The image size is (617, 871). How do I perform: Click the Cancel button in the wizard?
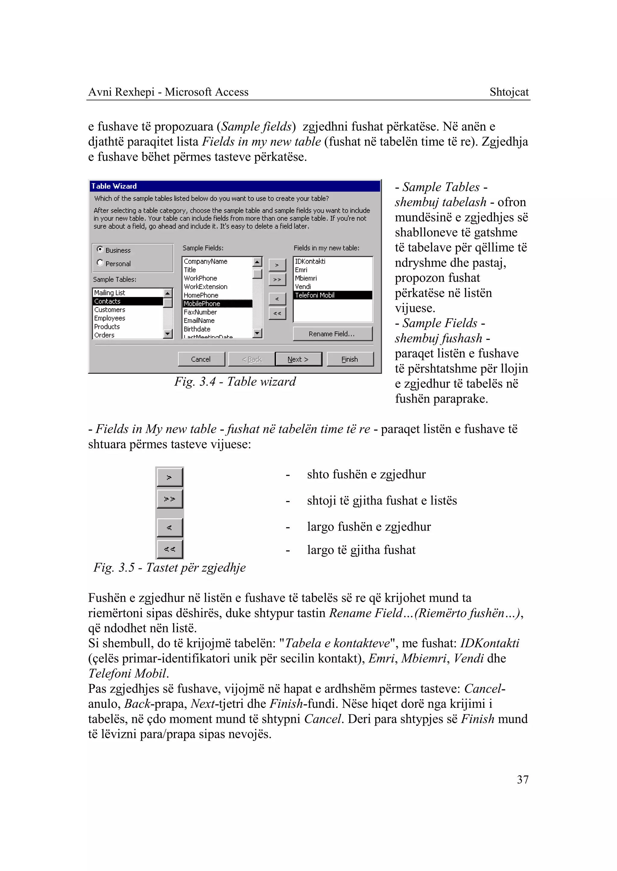[201, 359]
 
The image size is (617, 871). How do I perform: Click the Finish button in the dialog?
[349, 359]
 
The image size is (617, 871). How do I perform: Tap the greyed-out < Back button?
[252, 359]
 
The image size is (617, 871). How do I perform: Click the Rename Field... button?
[332, 333]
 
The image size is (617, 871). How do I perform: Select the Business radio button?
[100, 250]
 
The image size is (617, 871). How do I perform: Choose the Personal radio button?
[100, 263]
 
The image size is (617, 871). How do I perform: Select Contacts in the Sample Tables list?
[108, 301]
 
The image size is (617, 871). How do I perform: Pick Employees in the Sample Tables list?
[110, 318]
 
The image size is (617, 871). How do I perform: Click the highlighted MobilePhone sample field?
[202, 304]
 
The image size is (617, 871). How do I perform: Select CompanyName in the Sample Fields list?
[205, 261]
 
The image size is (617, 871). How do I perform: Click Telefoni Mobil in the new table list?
[315, 295]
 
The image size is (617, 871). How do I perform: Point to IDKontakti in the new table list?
[310, 261]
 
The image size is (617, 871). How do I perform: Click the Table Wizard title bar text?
[114, 186]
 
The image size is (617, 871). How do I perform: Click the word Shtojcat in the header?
[509, 92]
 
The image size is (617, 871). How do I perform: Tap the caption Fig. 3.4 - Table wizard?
[235, 381]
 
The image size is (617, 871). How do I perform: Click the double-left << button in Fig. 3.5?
[169, 549]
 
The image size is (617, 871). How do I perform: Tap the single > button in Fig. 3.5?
[169, 477]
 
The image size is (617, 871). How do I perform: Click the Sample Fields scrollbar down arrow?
[257, 333]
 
